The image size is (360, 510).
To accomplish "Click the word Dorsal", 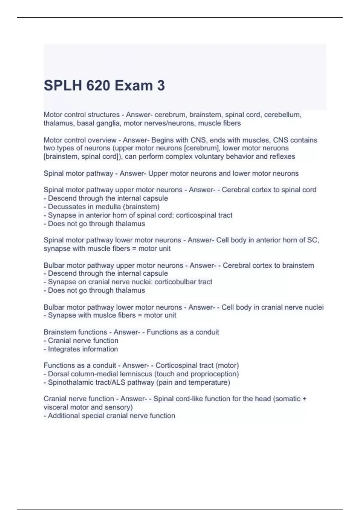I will (58, 374).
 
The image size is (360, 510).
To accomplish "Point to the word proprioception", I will (210, 374).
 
